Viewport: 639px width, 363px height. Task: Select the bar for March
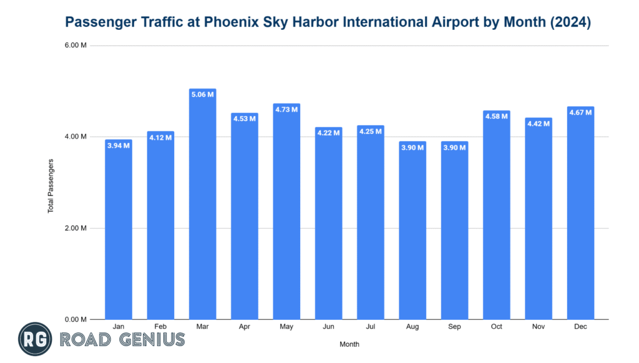click(x=202, y=206)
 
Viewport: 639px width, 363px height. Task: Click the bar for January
click(x=119, y=231)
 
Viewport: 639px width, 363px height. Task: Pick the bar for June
click(x=328, y=225)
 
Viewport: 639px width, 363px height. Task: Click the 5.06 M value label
click(x=202, y=95)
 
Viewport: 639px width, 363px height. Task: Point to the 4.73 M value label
click(x=286, y=110)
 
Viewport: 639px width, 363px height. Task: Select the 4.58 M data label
click(x=497, y=117)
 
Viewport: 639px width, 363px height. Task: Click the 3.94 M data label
click(x=119, y=145)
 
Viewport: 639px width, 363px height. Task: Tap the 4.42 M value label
click(x=538, y=123)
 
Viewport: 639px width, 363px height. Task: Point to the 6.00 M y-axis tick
click(x=76, y=46)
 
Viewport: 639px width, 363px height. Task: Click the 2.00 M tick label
click(x=76, y=228)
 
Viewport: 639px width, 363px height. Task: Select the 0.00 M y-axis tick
click(x=76, y=319)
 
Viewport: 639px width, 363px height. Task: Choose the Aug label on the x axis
click(x=412, y=326)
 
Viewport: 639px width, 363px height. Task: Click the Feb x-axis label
click(x=160, y=326)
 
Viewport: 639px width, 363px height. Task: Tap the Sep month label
click(x=454, y=326)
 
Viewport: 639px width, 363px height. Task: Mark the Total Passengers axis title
click(x=51, y=185)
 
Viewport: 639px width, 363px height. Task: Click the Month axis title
click(x=349, y=344)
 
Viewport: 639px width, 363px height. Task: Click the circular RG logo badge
click(x=35, y=340)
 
